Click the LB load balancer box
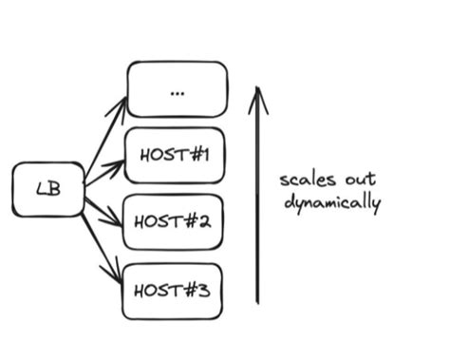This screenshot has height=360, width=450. (x=48, y=189)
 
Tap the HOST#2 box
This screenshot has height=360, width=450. (x=174, y=222)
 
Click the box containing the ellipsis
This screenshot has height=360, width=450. (x=178, y=89)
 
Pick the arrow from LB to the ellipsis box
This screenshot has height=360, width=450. (x=105, y=138)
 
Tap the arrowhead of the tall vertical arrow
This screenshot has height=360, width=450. (x=257, y=95)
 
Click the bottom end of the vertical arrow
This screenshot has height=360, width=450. (x=257, y=301)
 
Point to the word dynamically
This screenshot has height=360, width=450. (x=331, y=203)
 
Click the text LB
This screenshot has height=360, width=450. (x=48, y=189)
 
